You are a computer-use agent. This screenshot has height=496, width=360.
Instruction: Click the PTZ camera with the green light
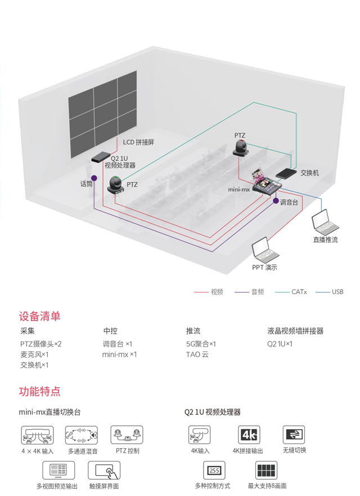115,184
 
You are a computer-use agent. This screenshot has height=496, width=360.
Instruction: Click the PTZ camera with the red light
240,148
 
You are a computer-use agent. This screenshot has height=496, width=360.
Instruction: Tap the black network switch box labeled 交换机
286,173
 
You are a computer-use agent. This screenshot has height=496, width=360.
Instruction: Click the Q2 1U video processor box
101,157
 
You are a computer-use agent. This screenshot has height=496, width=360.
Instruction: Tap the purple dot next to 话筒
94,178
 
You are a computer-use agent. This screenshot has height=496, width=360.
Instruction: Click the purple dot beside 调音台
276,201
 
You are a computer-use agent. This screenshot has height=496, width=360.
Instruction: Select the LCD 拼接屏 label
138,142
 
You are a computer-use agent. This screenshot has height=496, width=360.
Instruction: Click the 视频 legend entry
209,292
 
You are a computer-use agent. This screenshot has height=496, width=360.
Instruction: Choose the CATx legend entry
291,292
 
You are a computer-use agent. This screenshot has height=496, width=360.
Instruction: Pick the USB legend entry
329,292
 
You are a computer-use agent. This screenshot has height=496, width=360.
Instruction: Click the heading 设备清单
39,316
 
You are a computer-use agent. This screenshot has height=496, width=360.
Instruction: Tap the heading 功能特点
39,391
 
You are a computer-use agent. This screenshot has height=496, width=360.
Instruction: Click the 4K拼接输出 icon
249,435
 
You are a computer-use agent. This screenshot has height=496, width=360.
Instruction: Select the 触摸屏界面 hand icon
104,470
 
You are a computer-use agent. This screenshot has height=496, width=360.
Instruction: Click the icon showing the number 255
214,470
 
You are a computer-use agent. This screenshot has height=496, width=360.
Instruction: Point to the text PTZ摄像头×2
41,344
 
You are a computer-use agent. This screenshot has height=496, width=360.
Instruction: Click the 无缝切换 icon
294,435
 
